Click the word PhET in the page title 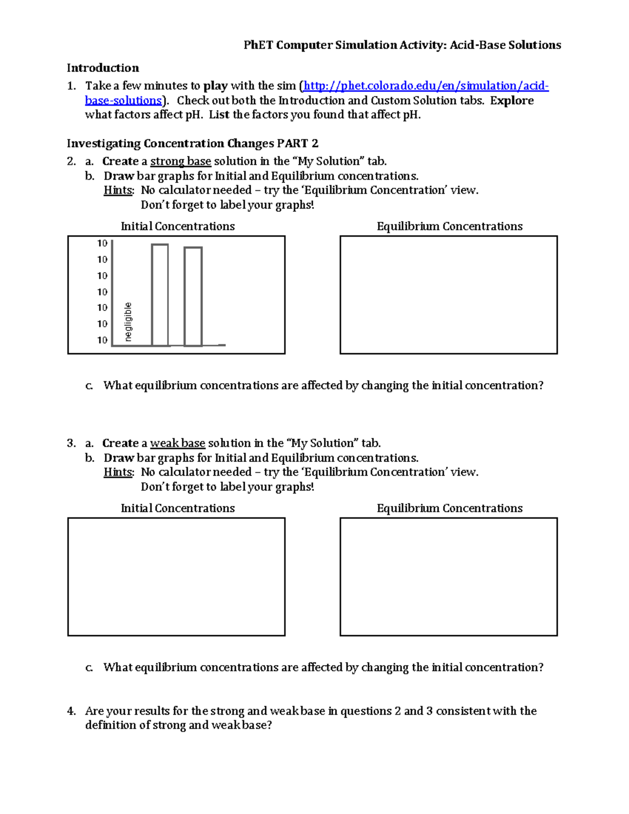[x=258, y=45]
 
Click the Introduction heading [x=103, y=68]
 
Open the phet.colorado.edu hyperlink [x=426, y=86]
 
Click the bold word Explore [x=512, y=101]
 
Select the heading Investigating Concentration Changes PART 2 [x=192, y=144]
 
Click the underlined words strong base [x=180, y=161]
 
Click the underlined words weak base [x=177, y=443]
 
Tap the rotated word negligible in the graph [x=128, y=322]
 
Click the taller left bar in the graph [x=160, y=295]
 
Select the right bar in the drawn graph [x=193, y=297]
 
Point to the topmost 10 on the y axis [x=102, y=243]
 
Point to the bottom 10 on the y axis [x=102, y=340]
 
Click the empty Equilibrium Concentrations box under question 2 [x=449, y=295]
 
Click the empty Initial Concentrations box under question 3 [x=176, y=577]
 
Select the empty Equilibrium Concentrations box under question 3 [x=449, y=577]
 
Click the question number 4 [x=71, y=711]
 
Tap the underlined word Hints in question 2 [x=118, y=190]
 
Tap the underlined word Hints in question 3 [x=118, y=472]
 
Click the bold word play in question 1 [x=215, y=86]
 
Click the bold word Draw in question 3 [x=118, y=458]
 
